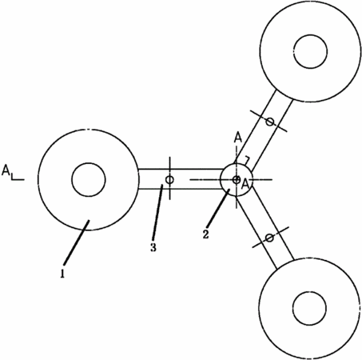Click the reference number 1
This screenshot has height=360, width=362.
(x=62, y=274)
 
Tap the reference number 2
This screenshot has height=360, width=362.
(x=205, y=234)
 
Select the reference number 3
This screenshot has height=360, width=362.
(x=153, y=247)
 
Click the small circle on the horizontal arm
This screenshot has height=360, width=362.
(x=169, y=180)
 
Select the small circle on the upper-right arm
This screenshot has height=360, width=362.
(x=270, y=122)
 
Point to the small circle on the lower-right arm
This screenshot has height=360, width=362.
(x=269, y=238)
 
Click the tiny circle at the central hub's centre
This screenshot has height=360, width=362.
(x=237, y=180)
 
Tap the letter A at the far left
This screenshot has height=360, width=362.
(x=6, y=170)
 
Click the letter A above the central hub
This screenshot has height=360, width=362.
(x=238, y=138)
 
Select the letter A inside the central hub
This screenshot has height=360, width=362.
(x=245, y=184)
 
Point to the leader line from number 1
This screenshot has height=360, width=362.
(x=76, y=242)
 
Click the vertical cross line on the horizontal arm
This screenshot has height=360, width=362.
(x=169, y=178)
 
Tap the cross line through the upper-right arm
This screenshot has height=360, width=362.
(x=269, y=121)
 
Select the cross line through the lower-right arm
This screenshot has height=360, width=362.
(x=271, y=237)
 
